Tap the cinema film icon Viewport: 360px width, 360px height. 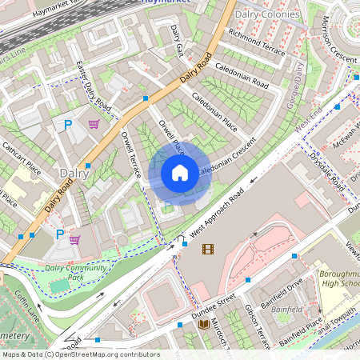pos(208,249)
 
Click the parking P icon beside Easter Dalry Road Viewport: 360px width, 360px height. pos(68,125)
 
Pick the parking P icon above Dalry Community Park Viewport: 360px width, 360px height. pos(60,234)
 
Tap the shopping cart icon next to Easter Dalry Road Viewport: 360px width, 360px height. pos(94,124)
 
